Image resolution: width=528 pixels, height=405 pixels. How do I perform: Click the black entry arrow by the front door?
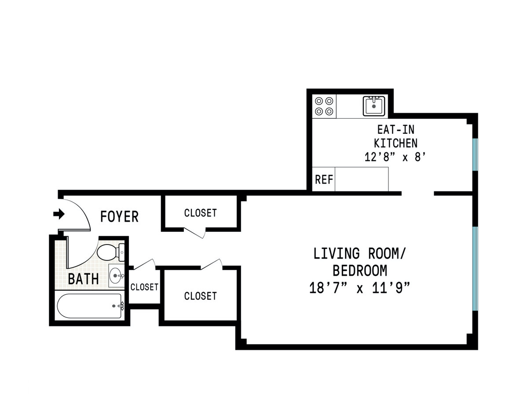(59, 214)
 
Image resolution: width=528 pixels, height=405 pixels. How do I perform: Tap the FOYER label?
(119, 217)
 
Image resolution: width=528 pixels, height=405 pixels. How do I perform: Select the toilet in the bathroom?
(110, 252)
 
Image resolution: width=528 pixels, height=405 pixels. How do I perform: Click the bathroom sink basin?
(117, 276)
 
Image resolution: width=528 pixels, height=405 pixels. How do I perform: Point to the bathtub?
(89, 306)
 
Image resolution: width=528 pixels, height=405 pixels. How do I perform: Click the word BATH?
(83, 279)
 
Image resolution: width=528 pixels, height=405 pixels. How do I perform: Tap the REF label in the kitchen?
(324, 180)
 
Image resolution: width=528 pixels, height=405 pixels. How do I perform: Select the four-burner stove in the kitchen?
(324, 106)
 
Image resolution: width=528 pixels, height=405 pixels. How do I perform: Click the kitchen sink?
(374, 106)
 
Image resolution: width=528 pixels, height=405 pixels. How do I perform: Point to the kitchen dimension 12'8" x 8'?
(395, 157)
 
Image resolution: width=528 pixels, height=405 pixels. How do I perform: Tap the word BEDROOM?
(360, 270)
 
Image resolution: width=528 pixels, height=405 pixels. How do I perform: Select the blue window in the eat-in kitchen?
(475, 155)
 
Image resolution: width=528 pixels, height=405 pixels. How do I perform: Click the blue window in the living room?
(475, 269)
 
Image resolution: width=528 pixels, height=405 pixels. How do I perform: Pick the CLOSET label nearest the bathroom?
(144, 287)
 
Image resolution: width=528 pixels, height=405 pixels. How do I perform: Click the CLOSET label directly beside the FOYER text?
(201, 213)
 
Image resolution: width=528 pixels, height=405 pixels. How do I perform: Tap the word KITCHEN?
(396, 143)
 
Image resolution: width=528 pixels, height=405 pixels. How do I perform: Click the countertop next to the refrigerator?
(362, 179)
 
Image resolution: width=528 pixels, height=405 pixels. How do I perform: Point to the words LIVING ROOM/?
(359, 253)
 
